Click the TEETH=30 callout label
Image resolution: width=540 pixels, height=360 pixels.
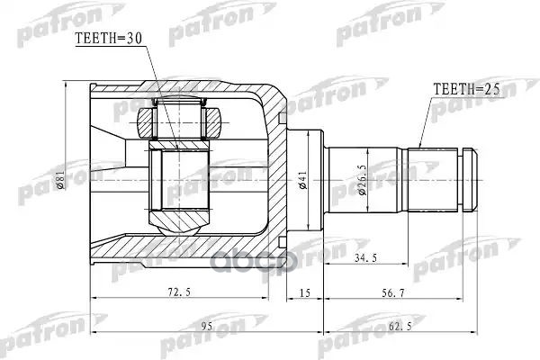(108, 39)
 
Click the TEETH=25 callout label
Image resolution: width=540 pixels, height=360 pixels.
(466, 89)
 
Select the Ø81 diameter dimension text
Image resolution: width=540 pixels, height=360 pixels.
(59, 179)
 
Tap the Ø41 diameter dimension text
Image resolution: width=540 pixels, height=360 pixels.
(303, 179)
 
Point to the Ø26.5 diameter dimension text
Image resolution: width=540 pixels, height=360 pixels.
(362, 180)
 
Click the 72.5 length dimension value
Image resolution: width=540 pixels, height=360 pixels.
(179, 292)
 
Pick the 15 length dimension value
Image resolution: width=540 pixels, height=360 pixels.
(305, 292)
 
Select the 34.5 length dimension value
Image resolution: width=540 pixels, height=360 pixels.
(365, 257)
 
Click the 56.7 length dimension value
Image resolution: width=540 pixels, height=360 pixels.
(393, 293)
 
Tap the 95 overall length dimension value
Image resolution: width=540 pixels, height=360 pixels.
(207, 326)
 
